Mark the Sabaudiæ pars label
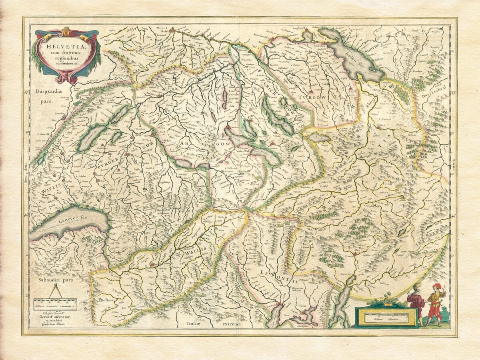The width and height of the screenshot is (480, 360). (53, 280)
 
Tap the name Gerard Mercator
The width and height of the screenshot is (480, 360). (54, 317)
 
